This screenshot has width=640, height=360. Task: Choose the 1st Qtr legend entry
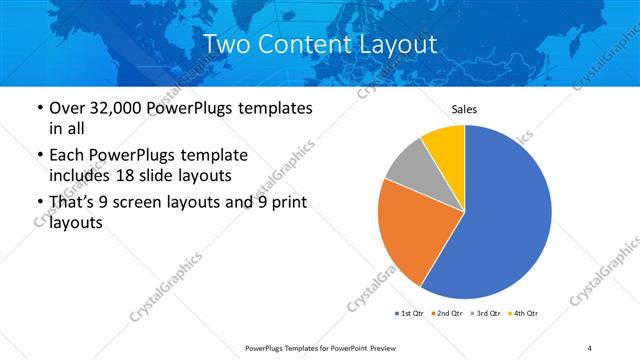coord(410,314)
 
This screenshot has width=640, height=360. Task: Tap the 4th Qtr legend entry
coord(526,314)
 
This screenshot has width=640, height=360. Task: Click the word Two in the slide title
coord(227,44)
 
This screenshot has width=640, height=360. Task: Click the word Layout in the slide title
coord(397,44)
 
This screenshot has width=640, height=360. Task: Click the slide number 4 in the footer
coord(590,347)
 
